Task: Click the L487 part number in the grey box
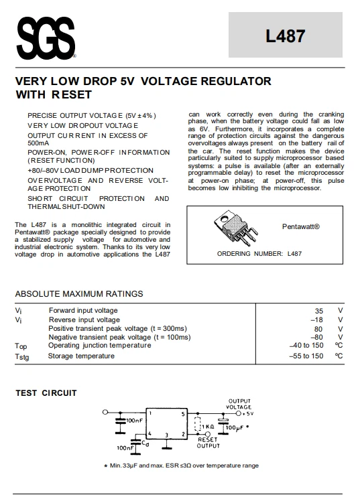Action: click(286, 38)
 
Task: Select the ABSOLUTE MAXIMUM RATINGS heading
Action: click(79, 293)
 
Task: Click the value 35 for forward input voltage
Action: click(319, 311)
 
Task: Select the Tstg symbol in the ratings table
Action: click(22, 356)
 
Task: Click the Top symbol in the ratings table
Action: click(21, 346)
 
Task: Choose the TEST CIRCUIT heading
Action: click(46, 393)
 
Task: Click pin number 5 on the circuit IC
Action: click(183, 415)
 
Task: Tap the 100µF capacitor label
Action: click(236, 427)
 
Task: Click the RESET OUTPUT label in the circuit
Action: click(208, 443)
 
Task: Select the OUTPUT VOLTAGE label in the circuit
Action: click(239, 404)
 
